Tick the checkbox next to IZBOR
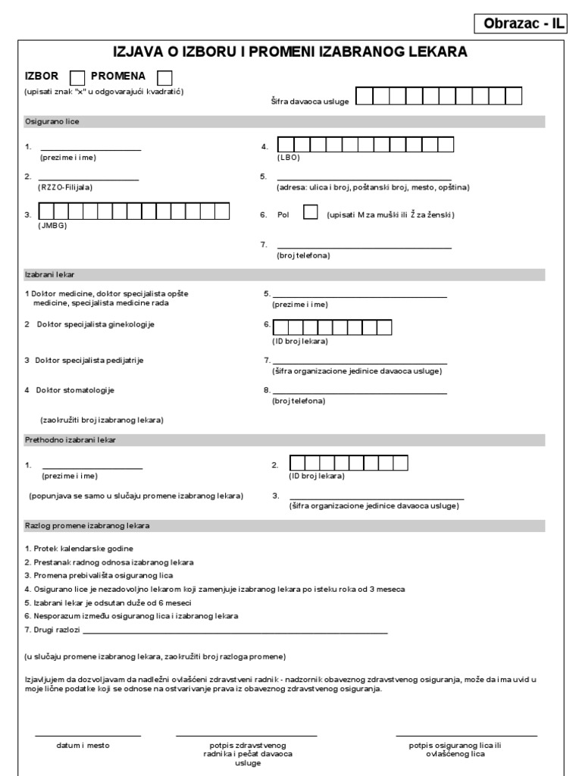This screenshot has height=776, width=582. (x=77, y=77)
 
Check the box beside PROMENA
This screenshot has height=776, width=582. (x=164, y=77)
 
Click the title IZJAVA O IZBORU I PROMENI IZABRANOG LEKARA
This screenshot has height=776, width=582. (x=290, y=52)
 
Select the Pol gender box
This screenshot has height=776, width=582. (x=310, y=213)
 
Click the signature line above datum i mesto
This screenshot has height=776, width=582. (x=87, y=734)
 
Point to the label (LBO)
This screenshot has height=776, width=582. (x=289, y=158)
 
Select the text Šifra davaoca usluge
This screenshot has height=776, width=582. (x=309, y=101)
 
